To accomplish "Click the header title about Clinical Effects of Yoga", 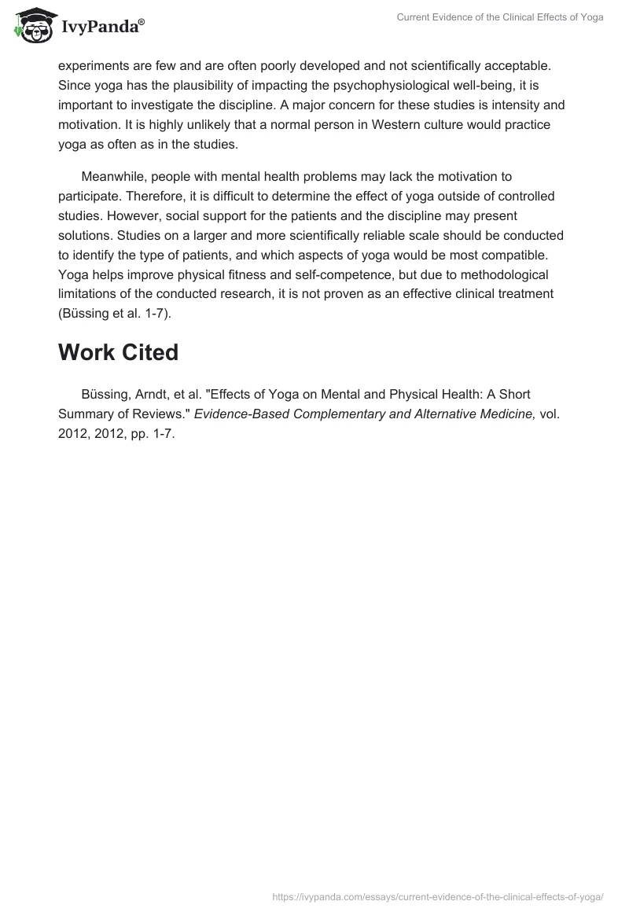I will [x=501, y=17].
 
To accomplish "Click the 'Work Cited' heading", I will [x=118, y=352].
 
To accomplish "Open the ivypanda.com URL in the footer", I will [x=438, y=896].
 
